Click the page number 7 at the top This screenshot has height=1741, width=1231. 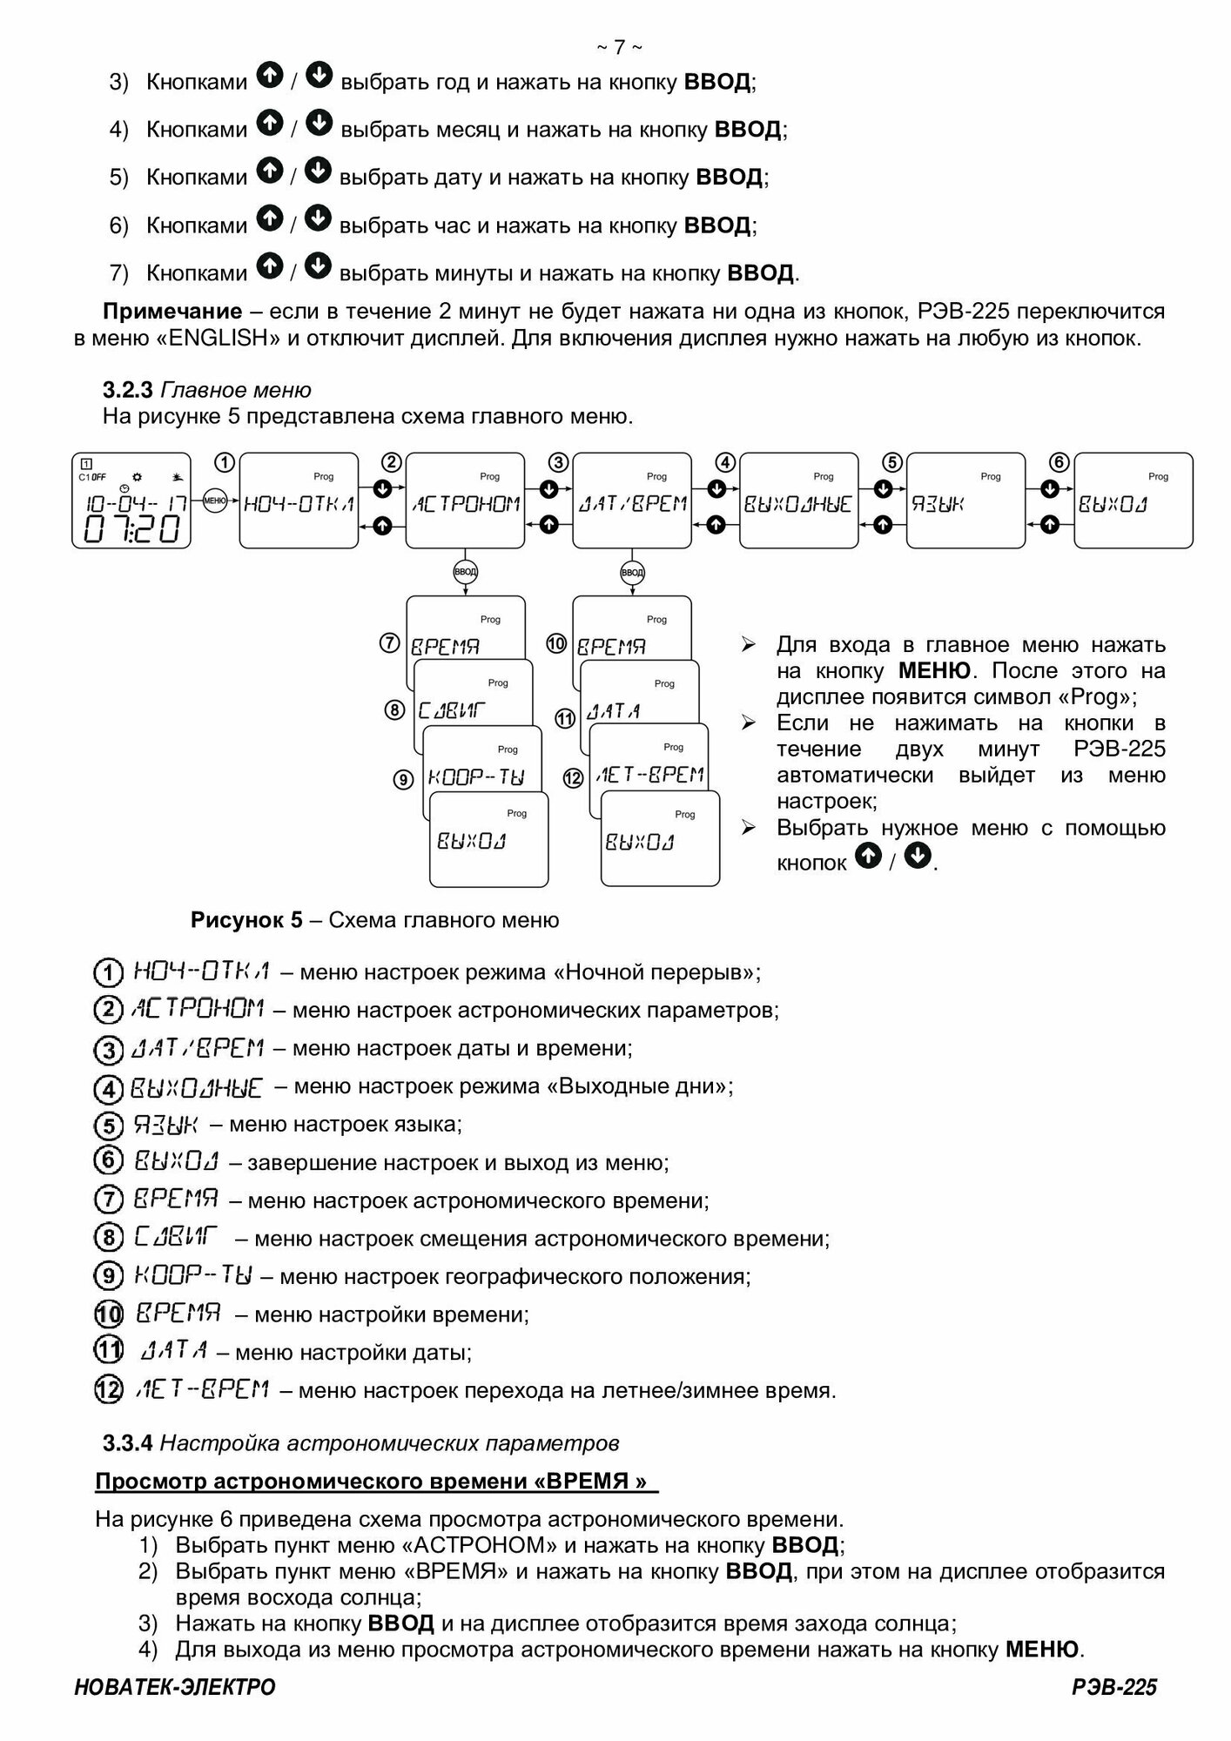pos(619,47)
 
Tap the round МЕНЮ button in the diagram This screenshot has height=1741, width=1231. pos(214,500)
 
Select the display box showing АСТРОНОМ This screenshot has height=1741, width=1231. pos(466,501)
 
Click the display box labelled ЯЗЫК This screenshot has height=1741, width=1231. pos(965,501)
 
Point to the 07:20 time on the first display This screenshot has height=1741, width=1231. pos(131,529)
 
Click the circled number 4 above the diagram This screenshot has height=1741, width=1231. pos(725,462)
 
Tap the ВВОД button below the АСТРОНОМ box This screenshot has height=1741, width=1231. pos(466,572)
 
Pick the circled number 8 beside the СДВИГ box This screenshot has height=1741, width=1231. pos(394,710)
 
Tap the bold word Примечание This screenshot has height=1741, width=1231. pos(172,312)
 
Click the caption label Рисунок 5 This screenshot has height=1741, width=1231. pos(246,920)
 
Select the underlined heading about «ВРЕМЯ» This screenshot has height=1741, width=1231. pos(376,1482)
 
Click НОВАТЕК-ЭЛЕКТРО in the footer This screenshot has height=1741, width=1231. pos(175,1687)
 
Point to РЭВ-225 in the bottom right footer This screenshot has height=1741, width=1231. pos(1114,1687)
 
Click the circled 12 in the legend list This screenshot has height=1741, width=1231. pos(107,1390)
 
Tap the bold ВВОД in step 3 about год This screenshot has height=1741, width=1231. pos(717,83)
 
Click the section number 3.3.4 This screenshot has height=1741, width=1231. pos(128,1442)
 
